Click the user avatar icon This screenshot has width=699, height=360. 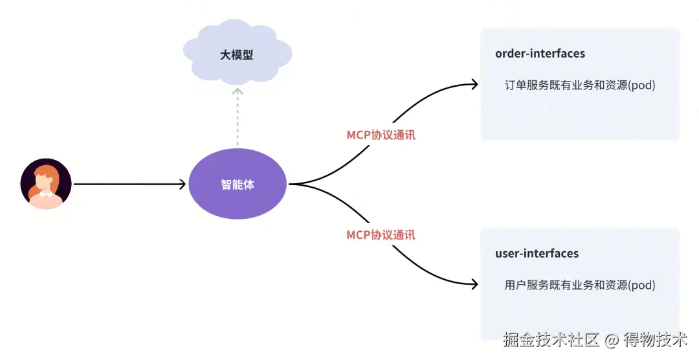[x=45, y=184]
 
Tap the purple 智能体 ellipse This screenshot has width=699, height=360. [x=238, y=185]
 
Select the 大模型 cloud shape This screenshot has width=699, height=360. [x=237, y=54]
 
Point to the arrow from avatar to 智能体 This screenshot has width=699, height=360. [x=129, y=185]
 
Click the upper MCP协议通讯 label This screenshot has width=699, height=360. [x=381, y=135]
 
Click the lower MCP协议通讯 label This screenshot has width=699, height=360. [x=381, y=234]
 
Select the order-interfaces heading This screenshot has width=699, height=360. [x=540, y=54]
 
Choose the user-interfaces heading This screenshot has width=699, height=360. [x=537, y=253]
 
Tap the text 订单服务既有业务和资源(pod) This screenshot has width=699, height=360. [x=580, y=85]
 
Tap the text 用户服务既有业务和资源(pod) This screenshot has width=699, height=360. [x=580, y=284]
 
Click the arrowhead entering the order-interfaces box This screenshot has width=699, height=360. [x=474, y=84]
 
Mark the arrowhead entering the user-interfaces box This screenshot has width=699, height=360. [x=474, y=284]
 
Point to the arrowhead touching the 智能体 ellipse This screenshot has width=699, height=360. [x=183, y=185]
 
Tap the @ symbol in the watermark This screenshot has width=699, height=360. [x=612, y=339]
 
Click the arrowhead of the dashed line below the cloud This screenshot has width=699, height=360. [x=238, y=91]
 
